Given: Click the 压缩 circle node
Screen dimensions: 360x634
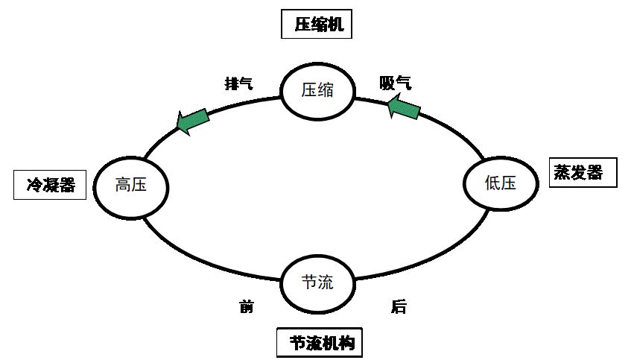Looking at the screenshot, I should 317,91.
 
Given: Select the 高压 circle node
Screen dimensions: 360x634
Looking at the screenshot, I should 130,185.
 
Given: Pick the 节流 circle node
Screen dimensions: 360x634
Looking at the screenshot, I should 317,282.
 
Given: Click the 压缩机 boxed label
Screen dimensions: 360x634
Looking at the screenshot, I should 317,25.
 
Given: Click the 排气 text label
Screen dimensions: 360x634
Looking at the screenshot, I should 239,83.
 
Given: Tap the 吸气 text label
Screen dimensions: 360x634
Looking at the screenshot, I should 395,83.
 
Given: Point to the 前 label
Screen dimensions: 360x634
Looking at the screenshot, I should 247,307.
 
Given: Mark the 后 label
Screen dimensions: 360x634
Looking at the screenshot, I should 399,307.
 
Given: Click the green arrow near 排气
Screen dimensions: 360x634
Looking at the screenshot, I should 192,120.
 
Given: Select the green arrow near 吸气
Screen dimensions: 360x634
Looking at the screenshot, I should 404,107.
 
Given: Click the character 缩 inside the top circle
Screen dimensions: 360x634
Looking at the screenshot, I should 326,91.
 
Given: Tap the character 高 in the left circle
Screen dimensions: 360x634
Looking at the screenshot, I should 122,185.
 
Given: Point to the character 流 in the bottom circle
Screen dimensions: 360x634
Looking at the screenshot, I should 326,282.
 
